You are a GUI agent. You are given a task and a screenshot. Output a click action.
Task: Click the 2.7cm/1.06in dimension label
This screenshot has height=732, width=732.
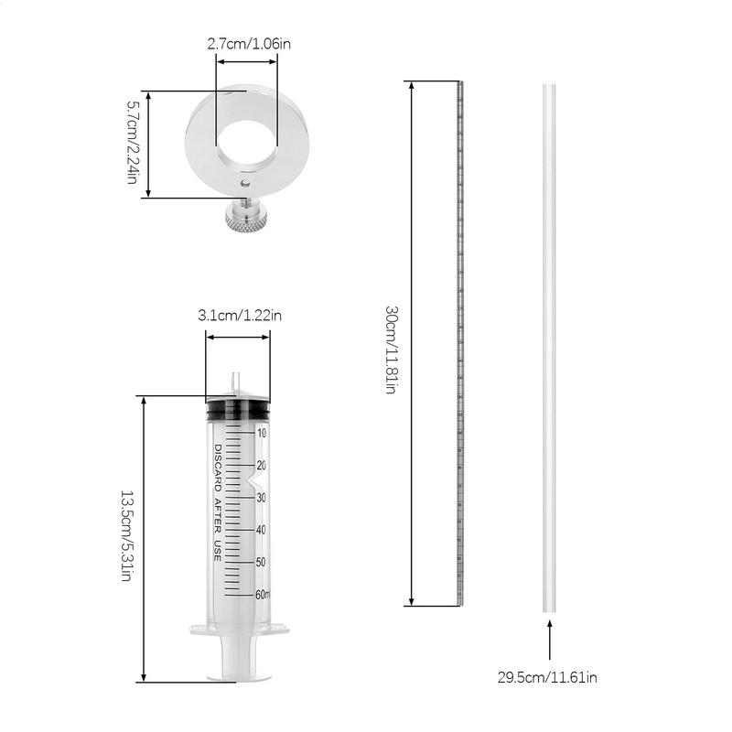248,43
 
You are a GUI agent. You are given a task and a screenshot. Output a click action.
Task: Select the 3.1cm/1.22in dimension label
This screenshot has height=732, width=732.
240,316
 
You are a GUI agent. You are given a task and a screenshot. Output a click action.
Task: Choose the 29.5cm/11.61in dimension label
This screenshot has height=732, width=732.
547,678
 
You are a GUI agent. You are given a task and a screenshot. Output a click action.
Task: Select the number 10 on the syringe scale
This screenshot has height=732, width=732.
262,433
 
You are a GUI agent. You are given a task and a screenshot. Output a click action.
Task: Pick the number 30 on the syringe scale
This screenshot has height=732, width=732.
261,498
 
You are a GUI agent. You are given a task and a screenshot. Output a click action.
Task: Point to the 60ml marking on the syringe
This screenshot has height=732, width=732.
263,594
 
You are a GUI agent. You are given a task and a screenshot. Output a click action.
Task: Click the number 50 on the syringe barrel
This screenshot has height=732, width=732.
261,562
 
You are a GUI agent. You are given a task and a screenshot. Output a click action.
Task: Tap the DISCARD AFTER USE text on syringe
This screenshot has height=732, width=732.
218,503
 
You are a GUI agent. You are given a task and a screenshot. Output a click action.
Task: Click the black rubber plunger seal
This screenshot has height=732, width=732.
238,410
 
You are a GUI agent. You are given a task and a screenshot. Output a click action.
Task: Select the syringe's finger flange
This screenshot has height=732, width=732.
239,630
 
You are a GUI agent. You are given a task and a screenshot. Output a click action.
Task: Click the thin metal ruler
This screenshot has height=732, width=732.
460,343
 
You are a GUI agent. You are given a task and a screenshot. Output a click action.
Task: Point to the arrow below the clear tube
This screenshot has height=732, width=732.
550,640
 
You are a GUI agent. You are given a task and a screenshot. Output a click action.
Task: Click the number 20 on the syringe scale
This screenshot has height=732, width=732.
261,466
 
